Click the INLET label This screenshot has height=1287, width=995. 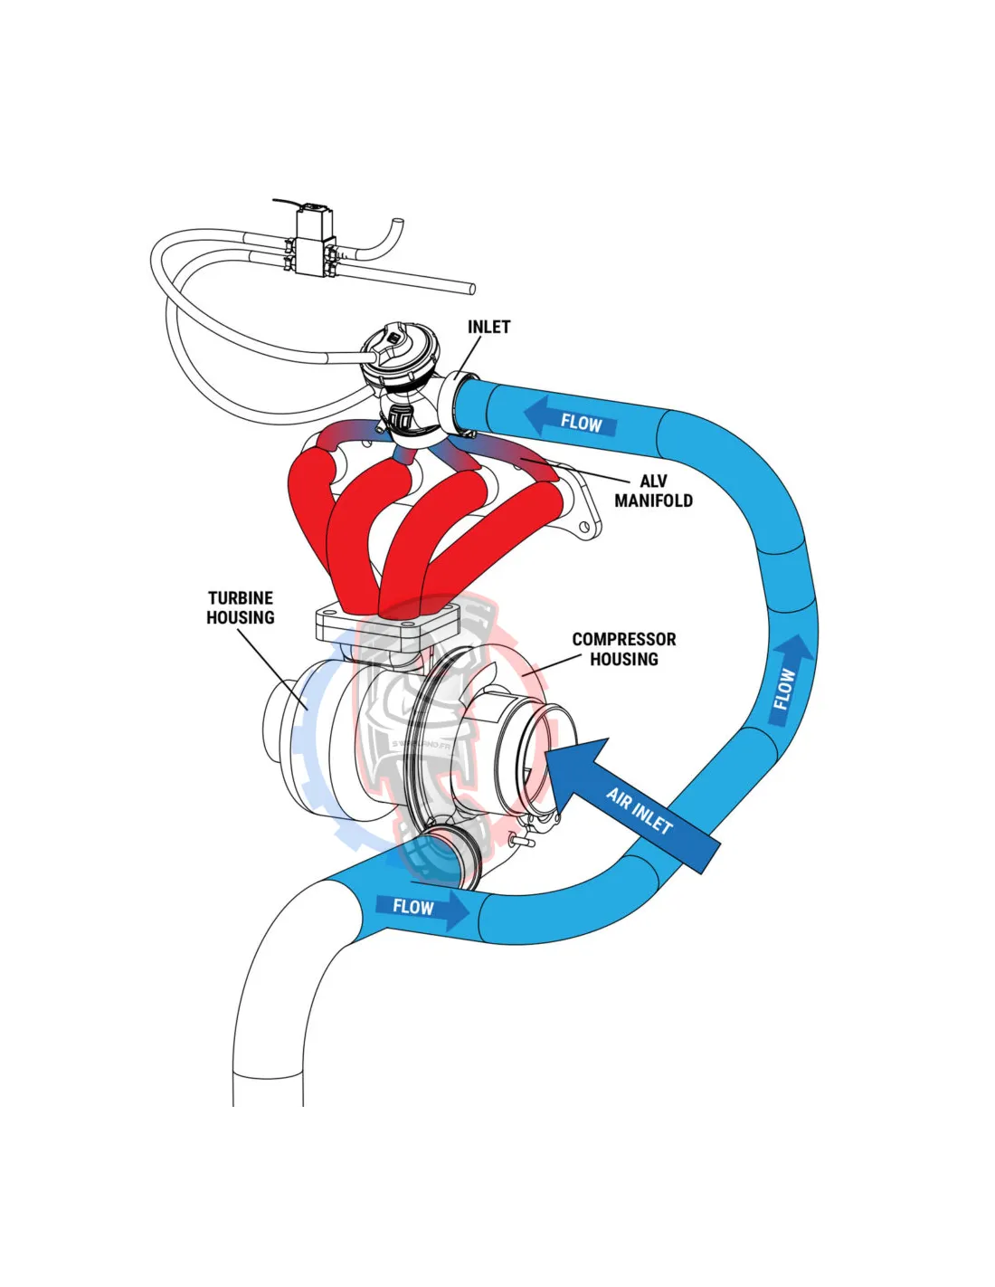[488, 327]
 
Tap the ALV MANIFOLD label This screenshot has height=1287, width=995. [653, 491]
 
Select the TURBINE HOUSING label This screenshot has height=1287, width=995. [241, 607]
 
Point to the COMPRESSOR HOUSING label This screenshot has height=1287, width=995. [623, 649]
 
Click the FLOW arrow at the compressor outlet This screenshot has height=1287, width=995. [421, 908]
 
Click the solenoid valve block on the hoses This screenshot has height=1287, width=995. [313, 242]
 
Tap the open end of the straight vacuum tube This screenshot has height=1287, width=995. [471, 288]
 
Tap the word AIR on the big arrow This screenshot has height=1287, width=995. [619, 797]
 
